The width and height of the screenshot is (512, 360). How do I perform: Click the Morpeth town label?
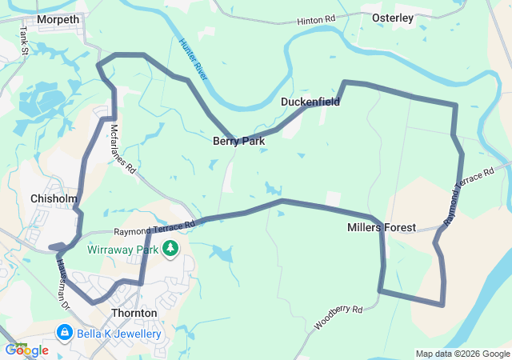pos(58,19)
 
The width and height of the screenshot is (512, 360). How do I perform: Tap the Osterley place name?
pos(393,18)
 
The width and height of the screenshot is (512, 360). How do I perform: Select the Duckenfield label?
pos(310,102)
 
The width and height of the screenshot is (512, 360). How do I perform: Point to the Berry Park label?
pos(238,141)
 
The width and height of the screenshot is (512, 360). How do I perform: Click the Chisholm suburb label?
pos(54,198)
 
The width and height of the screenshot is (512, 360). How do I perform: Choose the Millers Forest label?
pos(382,228)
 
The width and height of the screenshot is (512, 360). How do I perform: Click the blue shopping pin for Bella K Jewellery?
pos(65,332)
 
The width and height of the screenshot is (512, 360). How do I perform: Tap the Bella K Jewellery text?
pos(119,334)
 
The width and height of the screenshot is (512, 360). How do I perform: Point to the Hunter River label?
pos(194,58)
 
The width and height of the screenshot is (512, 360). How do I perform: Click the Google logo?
pos(26,350)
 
